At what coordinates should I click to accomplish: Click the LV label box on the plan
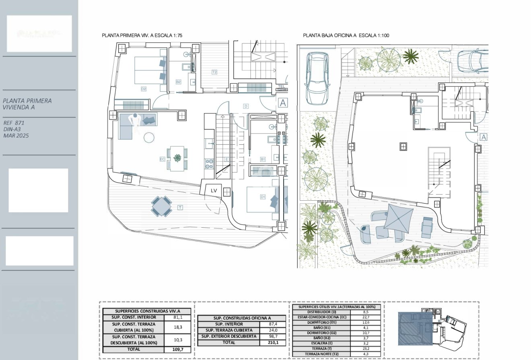[214, 191]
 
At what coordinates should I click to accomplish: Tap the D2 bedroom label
[143, 88]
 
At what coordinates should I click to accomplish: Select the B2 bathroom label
[179, 82]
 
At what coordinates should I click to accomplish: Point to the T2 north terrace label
[215, 72]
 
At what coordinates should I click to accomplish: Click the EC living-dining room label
[163, 159]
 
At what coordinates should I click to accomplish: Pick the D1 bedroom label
[263, 197]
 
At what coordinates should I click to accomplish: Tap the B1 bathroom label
[263, 159]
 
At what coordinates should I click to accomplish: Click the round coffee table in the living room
[149, 138]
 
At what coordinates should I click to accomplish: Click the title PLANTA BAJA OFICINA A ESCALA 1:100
[346, 36]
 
